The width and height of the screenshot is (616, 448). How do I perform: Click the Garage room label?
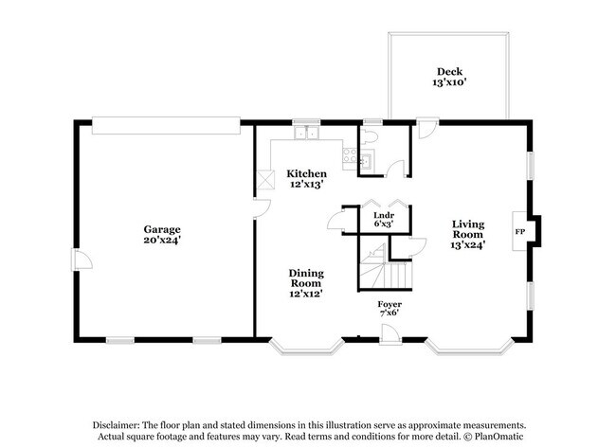click(162, 229)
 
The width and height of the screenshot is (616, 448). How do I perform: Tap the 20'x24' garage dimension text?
click(162, 241)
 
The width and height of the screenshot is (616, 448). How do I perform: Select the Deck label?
click(449, 71)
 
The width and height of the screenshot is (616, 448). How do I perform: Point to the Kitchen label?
click(307, 173)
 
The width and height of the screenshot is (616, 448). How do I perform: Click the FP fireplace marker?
click(519, 231)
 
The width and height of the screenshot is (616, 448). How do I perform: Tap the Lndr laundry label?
click(383, 215)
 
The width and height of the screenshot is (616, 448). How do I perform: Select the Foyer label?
click(390, 304)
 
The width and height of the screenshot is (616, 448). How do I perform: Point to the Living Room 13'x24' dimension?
click(468, 245)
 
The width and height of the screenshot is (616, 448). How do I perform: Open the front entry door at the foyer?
click(389, 332)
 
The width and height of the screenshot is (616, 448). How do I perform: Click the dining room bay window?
click(305, 349)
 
